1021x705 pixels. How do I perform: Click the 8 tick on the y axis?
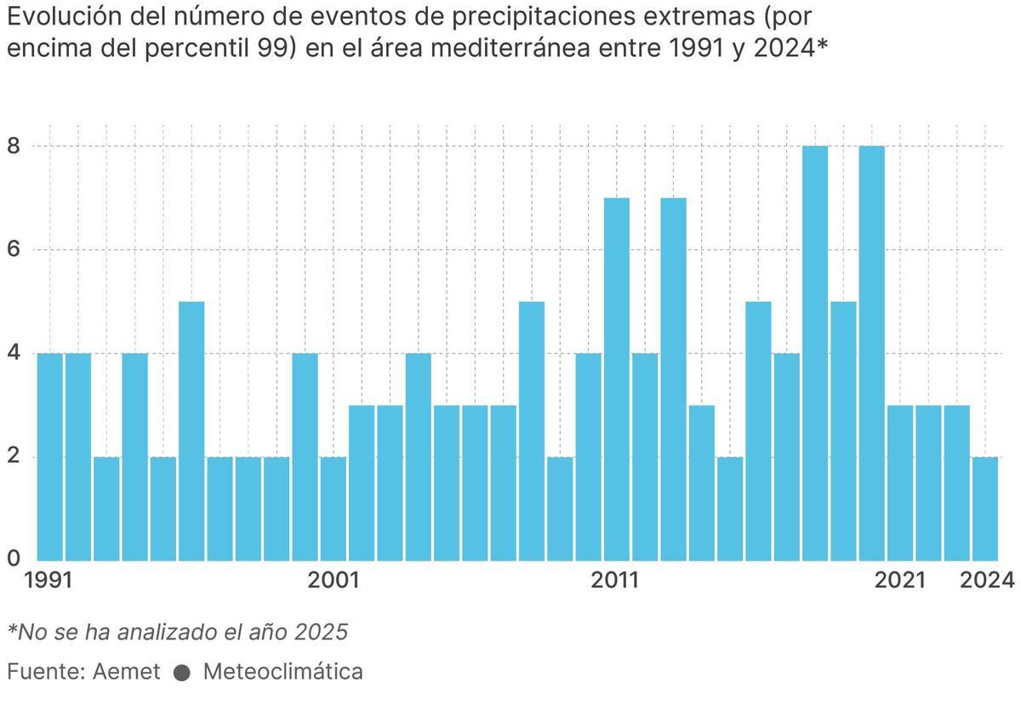14,146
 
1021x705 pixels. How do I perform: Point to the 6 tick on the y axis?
14,250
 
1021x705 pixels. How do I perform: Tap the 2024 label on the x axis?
987,581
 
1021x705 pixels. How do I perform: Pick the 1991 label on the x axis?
48,581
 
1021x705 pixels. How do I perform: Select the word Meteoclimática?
282,672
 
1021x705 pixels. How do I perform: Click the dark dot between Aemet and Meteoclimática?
181,673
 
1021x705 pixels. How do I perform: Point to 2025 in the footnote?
322,632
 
